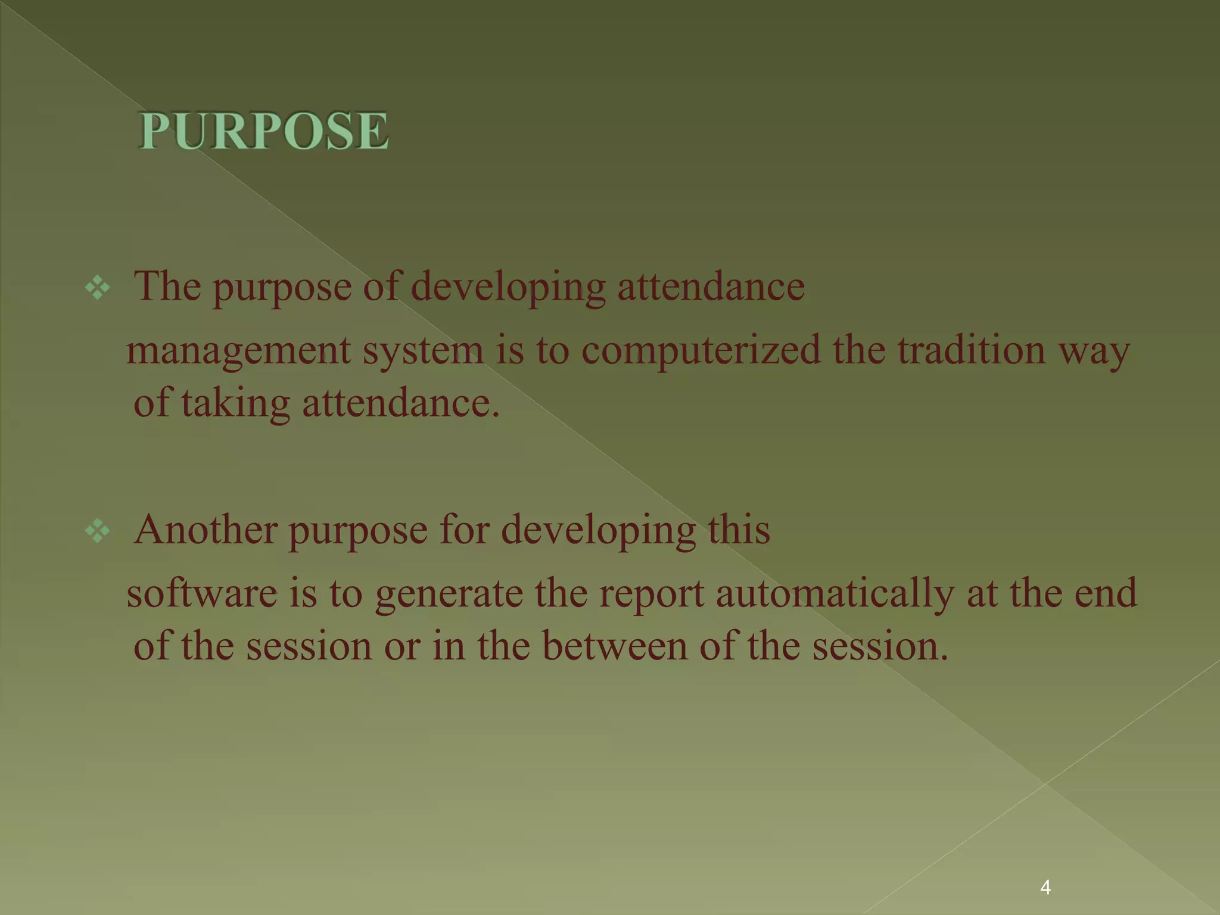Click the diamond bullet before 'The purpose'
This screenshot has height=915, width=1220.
(x=98, y=288)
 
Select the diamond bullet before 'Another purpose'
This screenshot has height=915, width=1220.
(x=98, y=531)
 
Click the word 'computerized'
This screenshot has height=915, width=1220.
(x=701, y=350)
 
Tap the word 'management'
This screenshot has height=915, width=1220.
(x=238, y=351)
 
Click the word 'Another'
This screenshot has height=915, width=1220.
(x=206, y=529)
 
